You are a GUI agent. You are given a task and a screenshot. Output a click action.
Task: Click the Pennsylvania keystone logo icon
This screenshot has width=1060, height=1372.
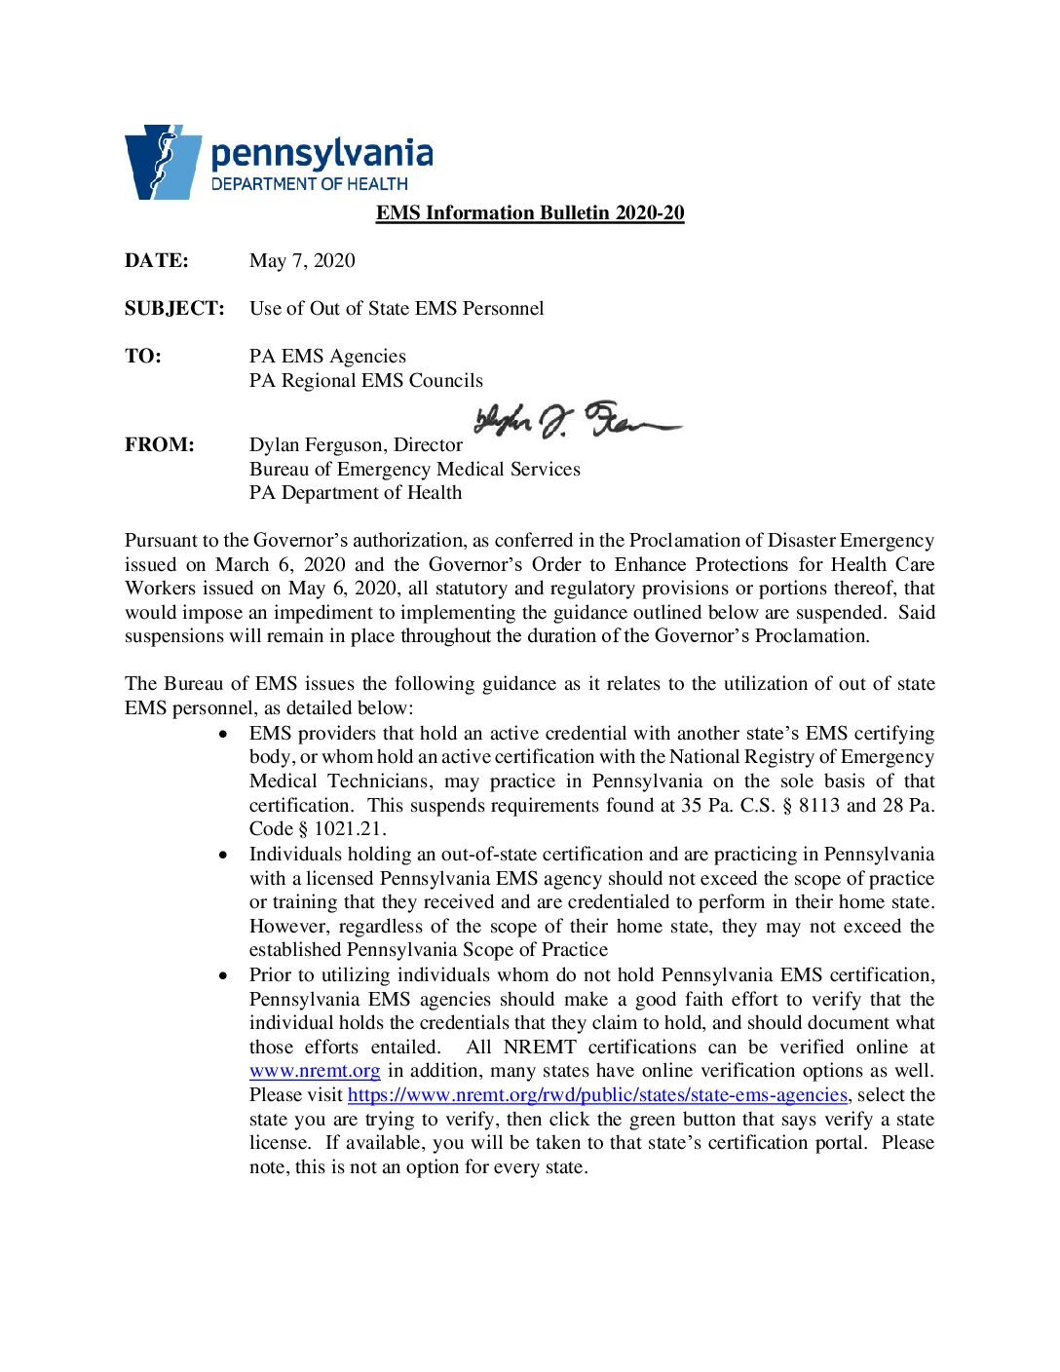click(162, 162)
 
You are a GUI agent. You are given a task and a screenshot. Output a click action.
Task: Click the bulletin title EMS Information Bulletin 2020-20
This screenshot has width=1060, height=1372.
click(530, 212)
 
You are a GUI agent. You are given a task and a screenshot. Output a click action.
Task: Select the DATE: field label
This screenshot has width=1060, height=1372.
click(157, 260)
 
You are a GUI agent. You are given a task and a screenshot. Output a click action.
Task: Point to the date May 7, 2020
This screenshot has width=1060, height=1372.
click(302, 260)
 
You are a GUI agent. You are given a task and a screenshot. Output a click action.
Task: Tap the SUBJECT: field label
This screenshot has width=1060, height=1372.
click(174, 308)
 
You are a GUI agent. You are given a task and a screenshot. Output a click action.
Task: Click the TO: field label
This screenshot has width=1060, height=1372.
click(143, 356)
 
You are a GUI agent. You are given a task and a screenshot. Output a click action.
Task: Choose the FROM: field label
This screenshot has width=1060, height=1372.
click(160, 444)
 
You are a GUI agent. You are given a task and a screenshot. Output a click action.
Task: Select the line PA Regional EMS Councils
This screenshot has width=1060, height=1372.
click(365, 380)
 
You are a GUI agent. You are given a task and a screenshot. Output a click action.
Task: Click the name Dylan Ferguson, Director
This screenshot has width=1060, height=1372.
click(356, 444)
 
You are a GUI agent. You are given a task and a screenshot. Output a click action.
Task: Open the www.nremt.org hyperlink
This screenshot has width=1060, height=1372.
click(315, 1071)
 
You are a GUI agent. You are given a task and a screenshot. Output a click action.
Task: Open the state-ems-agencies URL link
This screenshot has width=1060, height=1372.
click(597, 1094)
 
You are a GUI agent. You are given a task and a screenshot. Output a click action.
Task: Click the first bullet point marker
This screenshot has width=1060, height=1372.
click(225, 734)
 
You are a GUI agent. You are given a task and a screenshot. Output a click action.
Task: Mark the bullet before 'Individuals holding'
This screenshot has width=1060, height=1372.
click(225, 855)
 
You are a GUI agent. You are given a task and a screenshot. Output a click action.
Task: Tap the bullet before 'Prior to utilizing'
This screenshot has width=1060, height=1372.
click(225, 975)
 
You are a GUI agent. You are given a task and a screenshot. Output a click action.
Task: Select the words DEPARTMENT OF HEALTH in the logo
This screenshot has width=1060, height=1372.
click(310, 183)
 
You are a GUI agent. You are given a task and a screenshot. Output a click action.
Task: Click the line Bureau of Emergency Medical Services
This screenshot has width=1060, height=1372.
click(414, 469)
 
